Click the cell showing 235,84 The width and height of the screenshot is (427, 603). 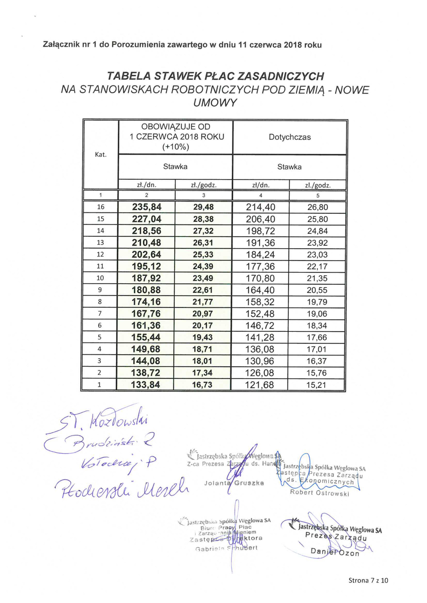[147, 207]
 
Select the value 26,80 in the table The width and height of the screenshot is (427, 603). [318, 207]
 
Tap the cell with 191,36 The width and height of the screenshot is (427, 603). [260, 243]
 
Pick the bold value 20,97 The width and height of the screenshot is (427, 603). [202, 314]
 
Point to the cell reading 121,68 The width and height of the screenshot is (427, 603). [259, 385]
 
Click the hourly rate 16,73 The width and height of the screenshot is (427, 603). [202, 385]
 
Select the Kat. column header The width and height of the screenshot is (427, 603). [101, 155]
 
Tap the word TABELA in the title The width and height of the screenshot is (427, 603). [129, 76]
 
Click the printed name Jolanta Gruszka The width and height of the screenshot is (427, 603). [234, 483]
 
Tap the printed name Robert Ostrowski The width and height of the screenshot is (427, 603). [319, 493]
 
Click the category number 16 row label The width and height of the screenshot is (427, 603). [101, 207]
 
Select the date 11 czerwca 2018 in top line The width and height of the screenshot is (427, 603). [270, 45]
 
